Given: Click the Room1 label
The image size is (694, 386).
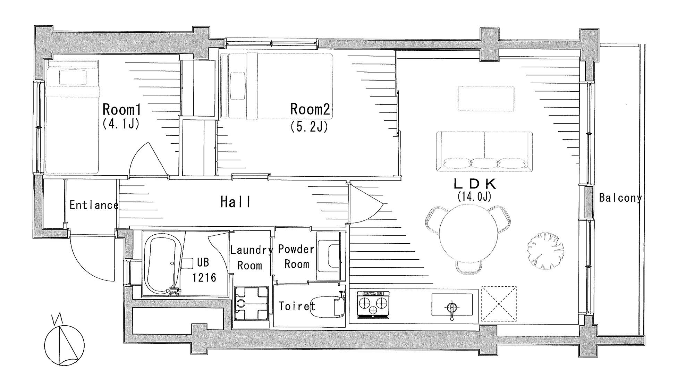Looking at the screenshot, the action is [x=122, y=110].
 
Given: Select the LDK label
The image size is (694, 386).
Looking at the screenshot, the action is [x=475, y=184].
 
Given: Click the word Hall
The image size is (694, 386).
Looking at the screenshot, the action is [x=236, y=202].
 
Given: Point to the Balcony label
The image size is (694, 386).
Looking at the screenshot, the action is [x=620, y=198].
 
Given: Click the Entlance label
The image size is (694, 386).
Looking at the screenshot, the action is [x=94, y=205].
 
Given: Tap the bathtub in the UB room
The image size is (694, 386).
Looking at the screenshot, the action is [x=162, y=264].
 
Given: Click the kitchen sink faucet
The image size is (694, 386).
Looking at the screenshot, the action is [x=452, y=310].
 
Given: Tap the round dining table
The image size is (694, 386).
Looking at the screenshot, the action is [x=468, y=232].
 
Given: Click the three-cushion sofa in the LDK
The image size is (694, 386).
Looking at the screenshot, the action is [x=484, y=151].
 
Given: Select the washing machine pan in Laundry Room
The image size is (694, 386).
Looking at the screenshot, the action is [x=252, y=303].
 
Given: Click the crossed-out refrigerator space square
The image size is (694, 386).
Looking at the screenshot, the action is [x=499, y=304].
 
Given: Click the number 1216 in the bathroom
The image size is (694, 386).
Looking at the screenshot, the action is [x=204, y=277].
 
